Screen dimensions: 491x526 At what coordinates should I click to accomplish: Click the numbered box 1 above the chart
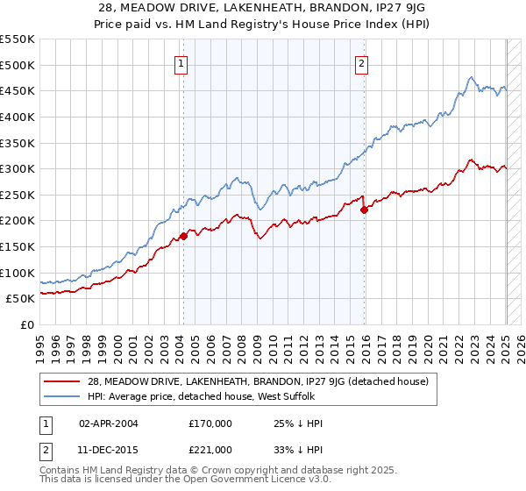coord(180,63)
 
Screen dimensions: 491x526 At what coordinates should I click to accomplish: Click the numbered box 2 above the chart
coord(361,63)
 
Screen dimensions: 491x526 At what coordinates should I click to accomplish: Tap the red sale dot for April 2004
coord(183,236)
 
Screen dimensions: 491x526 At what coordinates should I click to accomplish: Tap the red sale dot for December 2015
coord(365,210)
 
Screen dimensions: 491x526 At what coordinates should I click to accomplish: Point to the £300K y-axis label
coord(18,168)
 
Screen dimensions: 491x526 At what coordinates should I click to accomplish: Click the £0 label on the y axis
coord(27,324)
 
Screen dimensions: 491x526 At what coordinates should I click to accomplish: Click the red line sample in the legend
coord(62,381)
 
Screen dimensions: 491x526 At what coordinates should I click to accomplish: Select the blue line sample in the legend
coord(62,397)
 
